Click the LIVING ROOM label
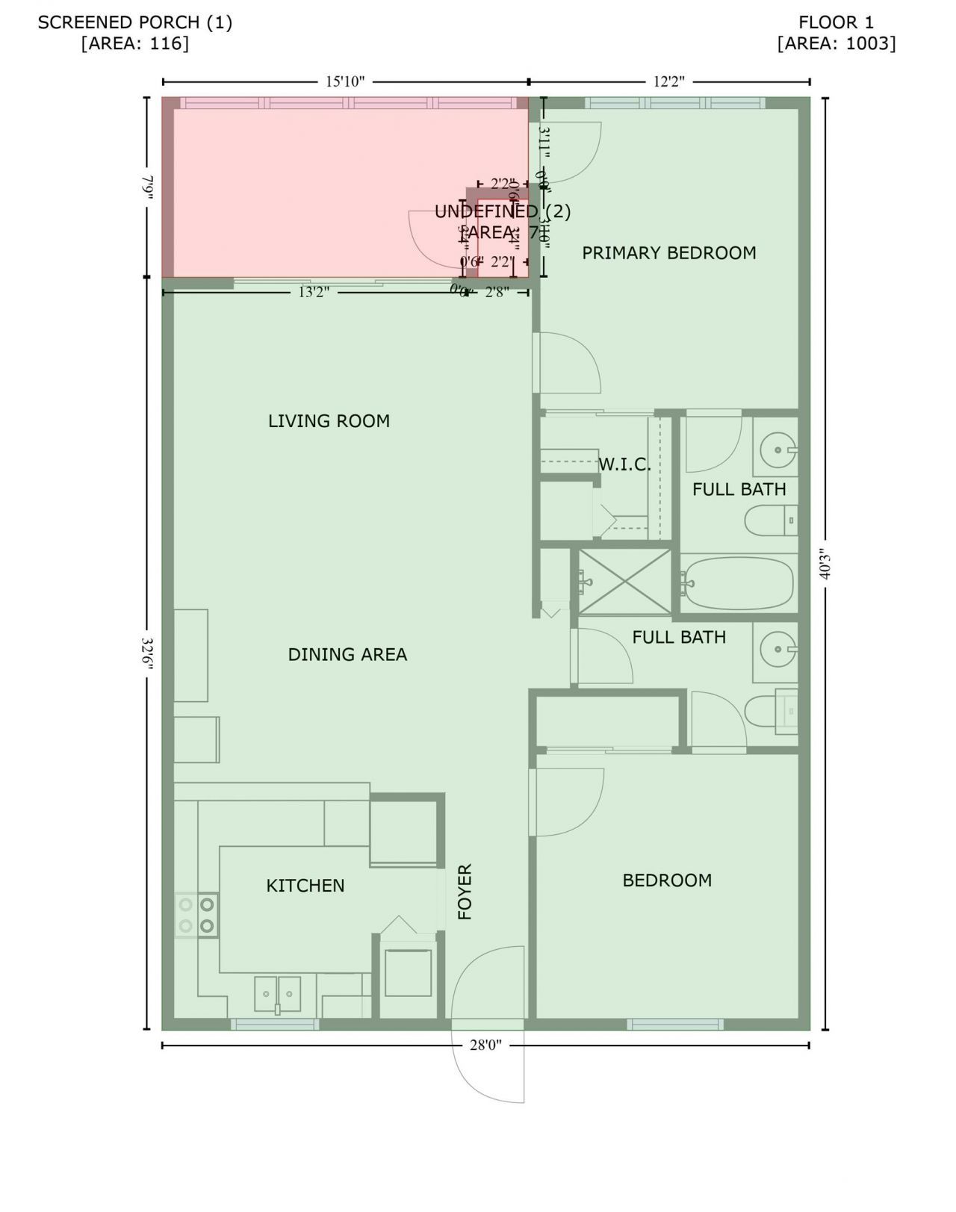(x=329, y=421)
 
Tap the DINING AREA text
(x=347, y=655)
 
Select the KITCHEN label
(x=305, y=886)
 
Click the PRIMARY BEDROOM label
(x=668, y=253)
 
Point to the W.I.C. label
(x=624, y=464)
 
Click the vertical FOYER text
(x=465, y=892)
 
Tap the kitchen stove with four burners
(x=196, y=915)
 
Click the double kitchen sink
(x=277, y=993)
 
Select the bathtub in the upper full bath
(x=737, y=584)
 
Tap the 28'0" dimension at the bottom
(x=485, y=1045)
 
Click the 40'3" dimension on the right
(x=825, y=565)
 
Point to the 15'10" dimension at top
(x=345, y=81)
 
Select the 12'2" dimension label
(x=668, y=81)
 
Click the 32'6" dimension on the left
(x=147, y=654)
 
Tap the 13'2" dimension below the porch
(x=314, y=292)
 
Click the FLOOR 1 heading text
(x=836, y=22)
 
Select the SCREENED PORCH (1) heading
(x=135, y=22)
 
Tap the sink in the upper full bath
(x=777, y=450)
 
